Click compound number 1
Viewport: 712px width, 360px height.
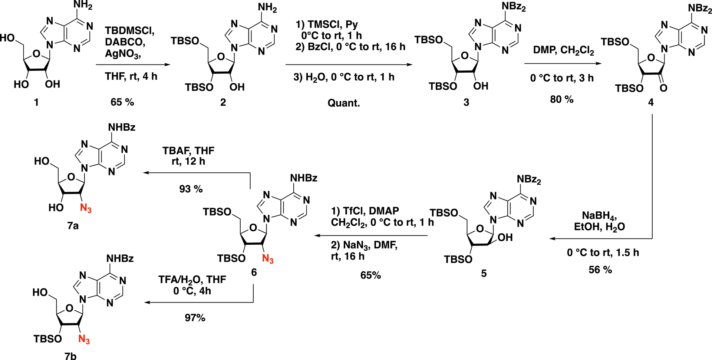click(x=36, y=102)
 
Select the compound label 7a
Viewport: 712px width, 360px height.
click(x=73, y=225)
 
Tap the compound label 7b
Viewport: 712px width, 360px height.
click(x=70, y=356)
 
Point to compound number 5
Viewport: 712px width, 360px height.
click(x=484, y=274)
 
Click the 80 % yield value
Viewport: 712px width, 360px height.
click(x=561, y=99)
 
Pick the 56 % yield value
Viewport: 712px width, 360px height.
click(x=600, y=270)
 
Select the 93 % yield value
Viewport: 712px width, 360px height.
click(x=191, y=189)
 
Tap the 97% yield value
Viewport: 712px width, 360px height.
click(x=195, y=318)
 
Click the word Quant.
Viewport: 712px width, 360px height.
click(x=343, y=103)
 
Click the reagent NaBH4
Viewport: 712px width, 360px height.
click(x=599, y=216)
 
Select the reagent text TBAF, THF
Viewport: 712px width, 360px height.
click(x=188, y=151)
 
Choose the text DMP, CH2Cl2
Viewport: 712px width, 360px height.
click(x=563, y=50)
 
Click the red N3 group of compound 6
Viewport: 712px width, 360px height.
click(x=268, y=259)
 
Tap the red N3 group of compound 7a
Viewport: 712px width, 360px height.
click(x=86, y=208)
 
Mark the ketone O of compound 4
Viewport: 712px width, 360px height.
click(x=663, y=88)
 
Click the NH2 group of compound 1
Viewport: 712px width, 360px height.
click(x=83, y=6)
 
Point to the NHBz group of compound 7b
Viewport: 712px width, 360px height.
click(x=120, y=258)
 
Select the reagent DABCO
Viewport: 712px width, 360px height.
click(x=125, y=42)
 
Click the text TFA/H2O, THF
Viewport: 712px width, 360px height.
click(x=192, y=279)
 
